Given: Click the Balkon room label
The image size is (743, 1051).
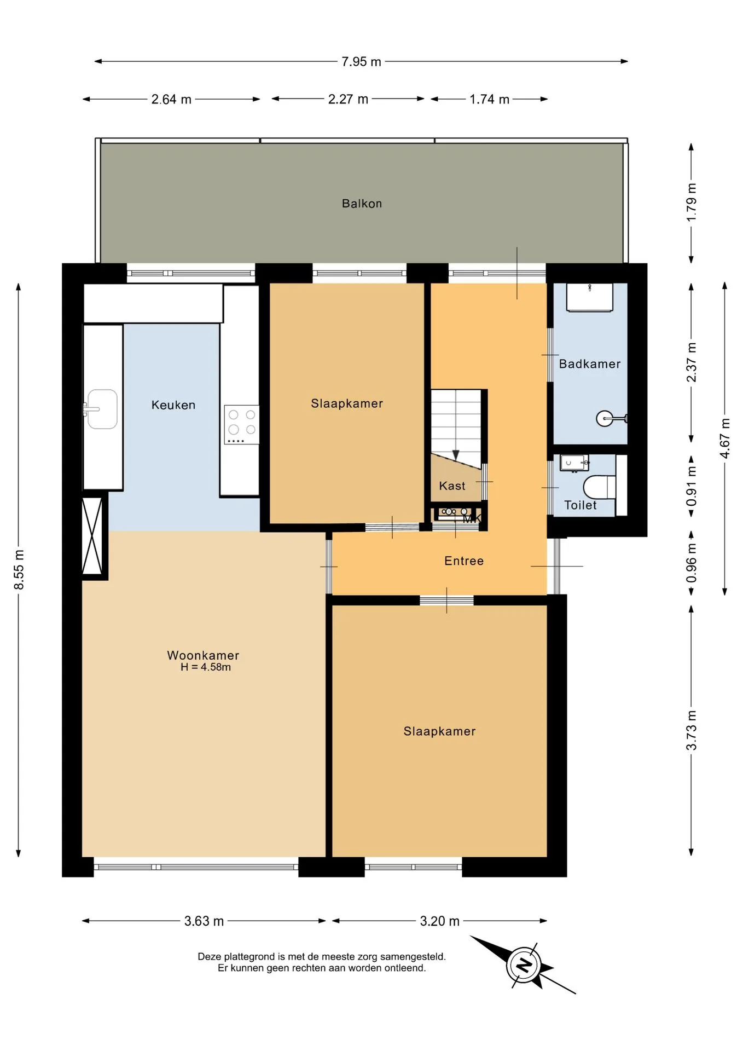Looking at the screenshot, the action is [x=362, y=204].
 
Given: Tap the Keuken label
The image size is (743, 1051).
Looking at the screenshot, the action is [x=173, y=405].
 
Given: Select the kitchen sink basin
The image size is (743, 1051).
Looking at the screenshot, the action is [x=102, y=409].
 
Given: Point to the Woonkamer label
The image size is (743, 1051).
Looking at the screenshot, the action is [x=203, y=655].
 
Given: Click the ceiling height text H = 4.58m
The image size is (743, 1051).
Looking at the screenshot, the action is [x=206, y=667].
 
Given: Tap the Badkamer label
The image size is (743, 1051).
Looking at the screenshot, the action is [x=590, y=364].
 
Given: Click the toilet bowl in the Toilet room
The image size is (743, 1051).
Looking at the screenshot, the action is [x=600, y=487].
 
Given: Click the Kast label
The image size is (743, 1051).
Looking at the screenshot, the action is [x=452, y=486].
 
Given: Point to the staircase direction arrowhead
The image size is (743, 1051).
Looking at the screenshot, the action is [x=456, y=455].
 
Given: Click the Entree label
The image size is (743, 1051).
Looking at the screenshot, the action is [x=464, y=561].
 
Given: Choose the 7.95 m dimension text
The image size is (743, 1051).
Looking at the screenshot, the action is [x=361, y=62].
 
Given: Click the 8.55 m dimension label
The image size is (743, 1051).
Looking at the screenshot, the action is [x=19, y=570].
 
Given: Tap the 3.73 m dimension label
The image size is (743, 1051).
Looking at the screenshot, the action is [x=692, y=730].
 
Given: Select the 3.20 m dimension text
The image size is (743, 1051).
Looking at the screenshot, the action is [x=440, y=921].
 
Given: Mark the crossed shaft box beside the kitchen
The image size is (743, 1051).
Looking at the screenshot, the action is [x=92, y=536].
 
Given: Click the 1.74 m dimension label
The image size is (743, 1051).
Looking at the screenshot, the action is [x=489, y=100].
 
